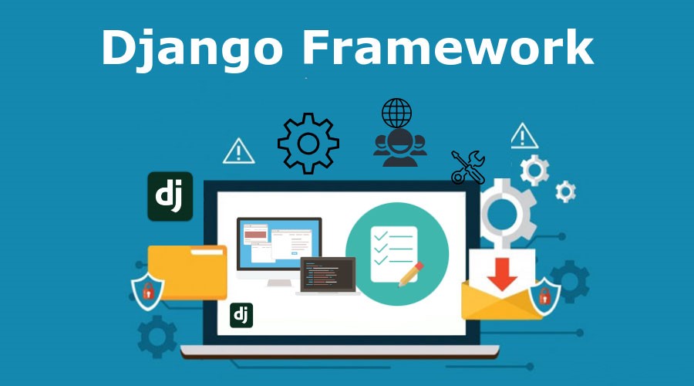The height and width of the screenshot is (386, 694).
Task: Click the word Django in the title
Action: [192, 48]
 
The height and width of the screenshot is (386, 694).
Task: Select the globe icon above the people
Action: [396, 113]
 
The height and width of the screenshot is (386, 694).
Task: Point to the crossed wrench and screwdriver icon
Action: [468, 167]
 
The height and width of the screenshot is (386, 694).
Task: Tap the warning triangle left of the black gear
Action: [238, 151]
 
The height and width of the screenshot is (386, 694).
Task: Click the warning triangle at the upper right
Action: [524, 136]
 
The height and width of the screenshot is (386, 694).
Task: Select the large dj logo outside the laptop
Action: [170, 196]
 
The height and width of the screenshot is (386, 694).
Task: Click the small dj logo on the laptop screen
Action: [241, 315]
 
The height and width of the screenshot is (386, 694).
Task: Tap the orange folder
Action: [187, 272]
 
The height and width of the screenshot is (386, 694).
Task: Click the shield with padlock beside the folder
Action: [147, 291]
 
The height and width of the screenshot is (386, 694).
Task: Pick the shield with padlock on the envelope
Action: [544, 296]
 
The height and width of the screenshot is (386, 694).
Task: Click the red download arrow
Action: [502, 274]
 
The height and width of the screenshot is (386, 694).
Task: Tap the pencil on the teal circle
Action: [411, 274]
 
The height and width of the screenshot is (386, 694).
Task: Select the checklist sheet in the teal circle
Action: [393, 254]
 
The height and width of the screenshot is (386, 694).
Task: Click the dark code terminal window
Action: [328, 275]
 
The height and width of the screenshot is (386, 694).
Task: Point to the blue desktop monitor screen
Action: [279, 243]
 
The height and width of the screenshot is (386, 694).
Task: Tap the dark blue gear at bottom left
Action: [157, 337]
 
